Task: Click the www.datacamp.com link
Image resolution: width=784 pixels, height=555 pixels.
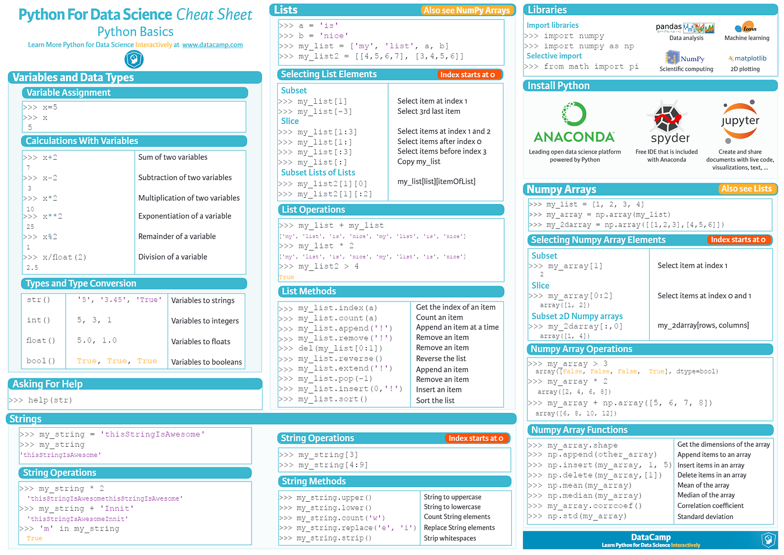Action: click(x=212, y=45)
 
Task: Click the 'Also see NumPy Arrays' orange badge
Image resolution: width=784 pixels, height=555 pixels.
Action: click(x=466, y=10)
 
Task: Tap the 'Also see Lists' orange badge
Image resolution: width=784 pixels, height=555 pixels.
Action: click(x=746, y=189)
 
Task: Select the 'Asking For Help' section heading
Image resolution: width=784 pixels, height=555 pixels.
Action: click(x=48, y=384)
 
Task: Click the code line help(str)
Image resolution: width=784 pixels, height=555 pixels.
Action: click(x=50, y=400)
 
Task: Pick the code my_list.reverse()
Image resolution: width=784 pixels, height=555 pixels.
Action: click(x=340, y=359)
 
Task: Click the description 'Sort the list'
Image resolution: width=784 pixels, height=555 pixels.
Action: click(x=435, y=400)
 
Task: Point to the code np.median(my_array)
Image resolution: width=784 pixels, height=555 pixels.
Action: click(x=594, y=496)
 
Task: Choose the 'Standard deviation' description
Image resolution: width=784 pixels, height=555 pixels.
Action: click(x=705, y=516)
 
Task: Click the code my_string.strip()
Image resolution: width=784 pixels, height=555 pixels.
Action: click(x=334, y=538)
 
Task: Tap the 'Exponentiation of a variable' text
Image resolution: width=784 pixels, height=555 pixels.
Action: click(x=184, y=216)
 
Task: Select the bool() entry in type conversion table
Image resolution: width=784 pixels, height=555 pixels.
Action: click(x=40, y=361)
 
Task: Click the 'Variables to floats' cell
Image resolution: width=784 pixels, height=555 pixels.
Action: click(x=200, y=341)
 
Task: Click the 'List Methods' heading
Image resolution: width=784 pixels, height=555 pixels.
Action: click(x=309, y=292)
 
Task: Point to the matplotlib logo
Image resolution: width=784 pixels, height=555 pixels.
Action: click(x=747, y=58)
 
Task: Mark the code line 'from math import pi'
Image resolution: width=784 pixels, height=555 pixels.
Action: click(x=591, y=67)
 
